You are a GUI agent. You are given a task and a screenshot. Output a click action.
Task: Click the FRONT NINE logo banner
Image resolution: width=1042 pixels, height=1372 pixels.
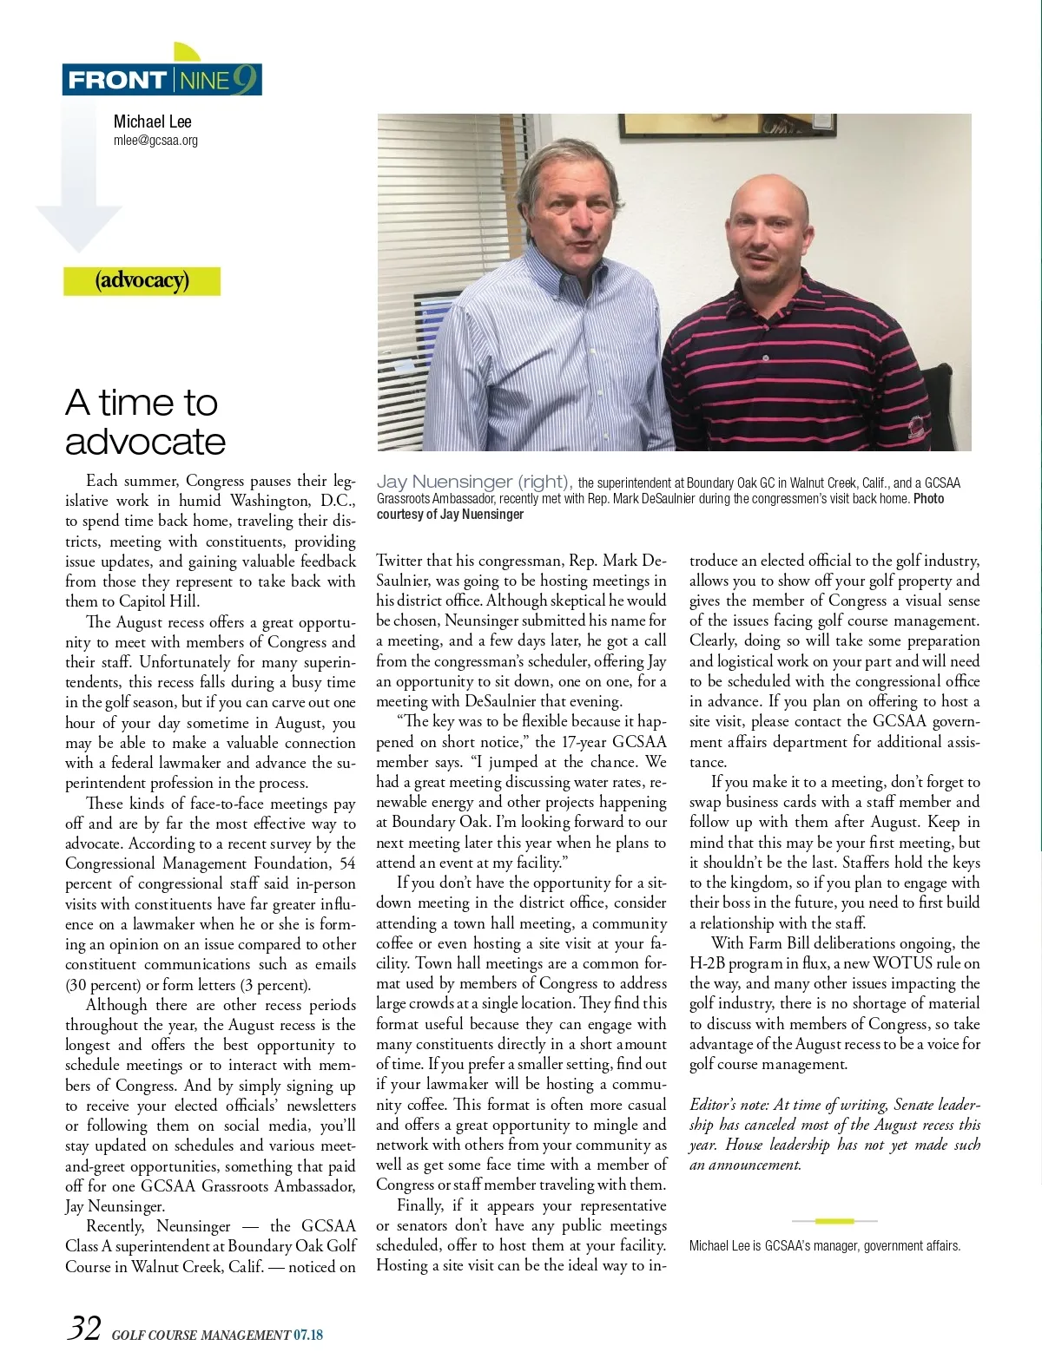point(162,79)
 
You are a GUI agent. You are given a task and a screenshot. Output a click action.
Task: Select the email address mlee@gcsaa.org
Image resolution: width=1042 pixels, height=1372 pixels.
point(155,141)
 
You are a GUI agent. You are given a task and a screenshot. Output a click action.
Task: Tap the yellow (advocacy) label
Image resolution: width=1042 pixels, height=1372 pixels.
point(142,280)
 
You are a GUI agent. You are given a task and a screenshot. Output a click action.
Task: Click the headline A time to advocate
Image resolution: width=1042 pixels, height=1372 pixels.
point(145,422)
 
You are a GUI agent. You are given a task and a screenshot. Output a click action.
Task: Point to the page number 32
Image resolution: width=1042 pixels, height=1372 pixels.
point(84,1329)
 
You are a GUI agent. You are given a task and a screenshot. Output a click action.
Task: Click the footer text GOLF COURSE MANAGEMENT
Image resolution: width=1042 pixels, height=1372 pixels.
point(201,1335)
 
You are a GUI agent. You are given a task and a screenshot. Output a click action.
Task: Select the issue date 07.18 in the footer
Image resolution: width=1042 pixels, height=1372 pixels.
point(308,1335)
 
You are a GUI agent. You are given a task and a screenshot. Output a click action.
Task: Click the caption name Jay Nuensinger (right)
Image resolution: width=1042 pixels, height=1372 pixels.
point(473,482)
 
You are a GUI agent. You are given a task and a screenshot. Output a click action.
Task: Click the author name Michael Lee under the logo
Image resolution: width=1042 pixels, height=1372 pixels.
point(152,121)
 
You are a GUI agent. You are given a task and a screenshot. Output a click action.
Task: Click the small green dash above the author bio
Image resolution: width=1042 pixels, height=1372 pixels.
point(834,1221)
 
